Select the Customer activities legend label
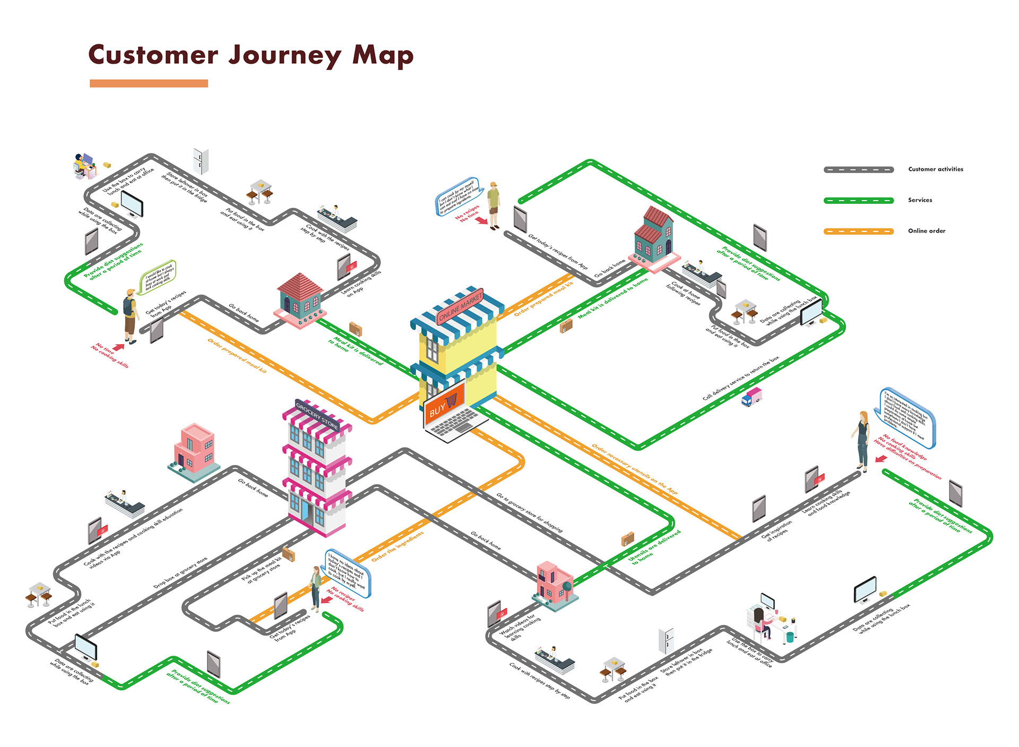click(935, 169)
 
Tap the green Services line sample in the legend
click(858, 201)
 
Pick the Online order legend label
click(926, 231)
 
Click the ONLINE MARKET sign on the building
click(460, 307)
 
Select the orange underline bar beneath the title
click(149, 83)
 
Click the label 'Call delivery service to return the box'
click(741, 378)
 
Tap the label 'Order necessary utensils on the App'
click(635, 469)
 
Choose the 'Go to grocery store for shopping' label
click(529, 512)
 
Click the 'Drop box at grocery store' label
click(180, 573)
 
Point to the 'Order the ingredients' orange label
click(398, 546)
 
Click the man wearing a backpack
click(129, 316)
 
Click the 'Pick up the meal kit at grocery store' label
click(262, 571)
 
